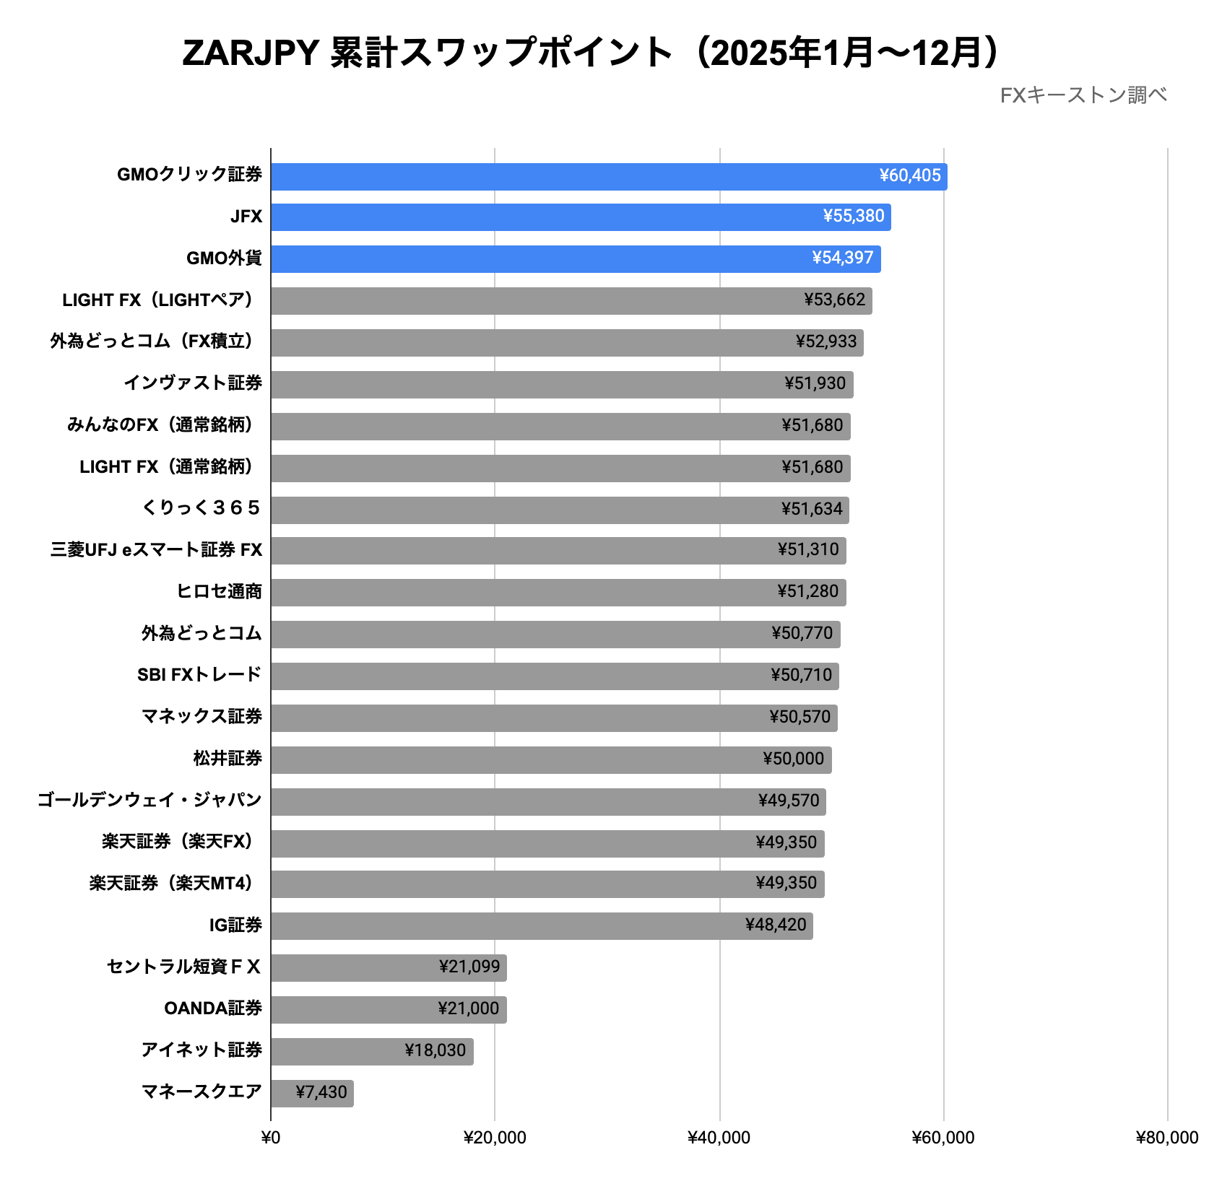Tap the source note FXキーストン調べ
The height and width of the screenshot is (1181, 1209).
pos(1083,95)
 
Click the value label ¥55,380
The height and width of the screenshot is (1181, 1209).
pos(853,216)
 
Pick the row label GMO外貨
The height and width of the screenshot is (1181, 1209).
pos(224,258)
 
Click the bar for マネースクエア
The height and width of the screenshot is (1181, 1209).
pos(312,1093)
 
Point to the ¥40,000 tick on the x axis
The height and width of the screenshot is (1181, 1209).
pos(719,1138)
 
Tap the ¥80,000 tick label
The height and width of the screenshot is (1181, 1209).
pos(1166,1138)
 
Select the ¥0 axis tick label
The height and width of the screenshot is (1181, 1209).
pos(270,1138)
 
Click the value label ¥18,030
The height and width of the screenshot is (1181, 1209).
pos(435,1050)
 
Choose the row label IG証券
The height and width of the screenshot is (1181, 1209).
pos(235,925)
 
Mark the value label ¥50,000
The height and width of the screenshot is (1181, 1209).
pos(793,759)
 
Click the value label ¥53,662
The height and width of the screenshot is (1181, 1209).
pos(834,300)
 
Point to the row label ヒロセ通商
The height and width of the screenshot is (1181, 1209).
pos(219,592)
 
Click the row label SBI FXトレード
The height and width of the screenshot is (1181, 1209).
pos(199,675)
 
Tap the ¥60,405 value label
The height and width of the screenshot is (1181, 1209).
pos(909,175)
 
